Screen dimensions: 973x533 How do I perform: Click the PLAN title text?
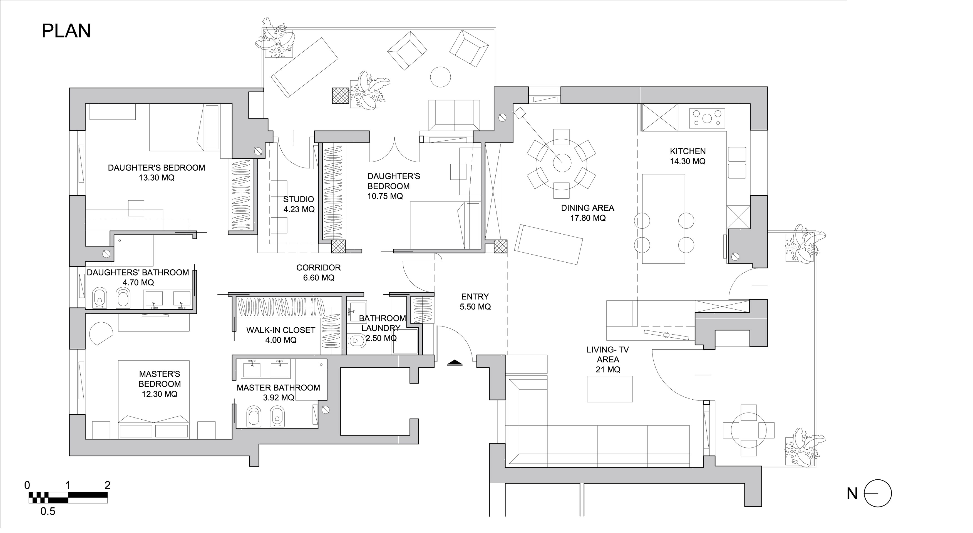[x=66, y=31]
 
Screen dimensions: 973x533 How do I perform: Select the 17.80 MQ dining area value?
[x=588, y=218]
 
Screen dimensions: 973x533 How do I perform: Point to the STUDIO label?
[x=298, y=199]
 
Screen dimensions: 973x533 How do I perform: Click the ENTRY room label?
[x=475, y=297]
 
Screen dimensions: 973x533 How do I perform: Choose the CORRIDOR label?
[x=318, y=268]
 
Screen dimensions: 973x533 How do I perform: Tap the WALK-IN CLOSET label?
[x=281, y=330]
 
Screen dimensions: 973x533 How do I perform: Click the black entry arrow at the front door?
[x=455, y=362]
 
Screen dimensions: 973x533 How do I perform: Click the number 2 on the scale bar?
[x=107, y=485]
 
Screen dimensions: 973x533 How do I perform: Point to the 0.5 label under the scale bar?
[x=48, y=512]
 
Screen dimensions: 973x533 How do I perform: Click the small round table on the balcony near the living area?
[x=749, y=430]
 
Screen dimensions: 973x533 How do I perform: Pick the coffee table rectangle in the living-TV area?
[x=610, y=389]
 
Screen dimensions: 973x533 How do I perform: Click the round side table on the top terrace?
[x=440, y=77]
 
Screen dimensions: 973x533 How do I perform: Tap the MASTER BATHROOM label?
[x=278, y=388]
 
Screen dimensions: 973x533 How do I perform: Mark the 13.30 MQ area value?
[x=156, y=178]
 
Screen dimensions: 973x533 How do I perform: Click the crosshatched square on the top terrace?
[x=340, y=96]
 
